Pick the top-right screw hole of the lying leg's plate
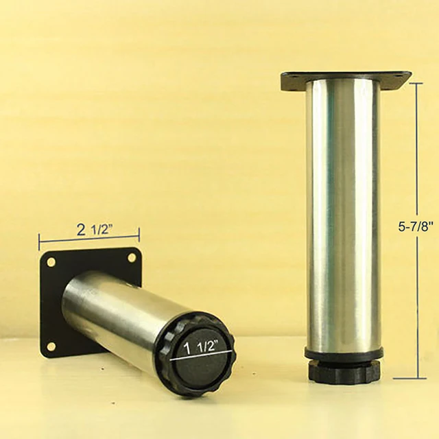click(132, 258)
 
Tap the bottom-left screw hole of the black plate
click(51, 346)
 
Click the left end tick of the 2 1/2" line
click(39, 241)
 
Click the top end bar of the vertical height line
click(416, 83)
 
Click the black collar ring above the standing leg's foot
click(344, 355)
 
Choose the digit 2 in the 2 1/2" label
click(81, 230)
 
